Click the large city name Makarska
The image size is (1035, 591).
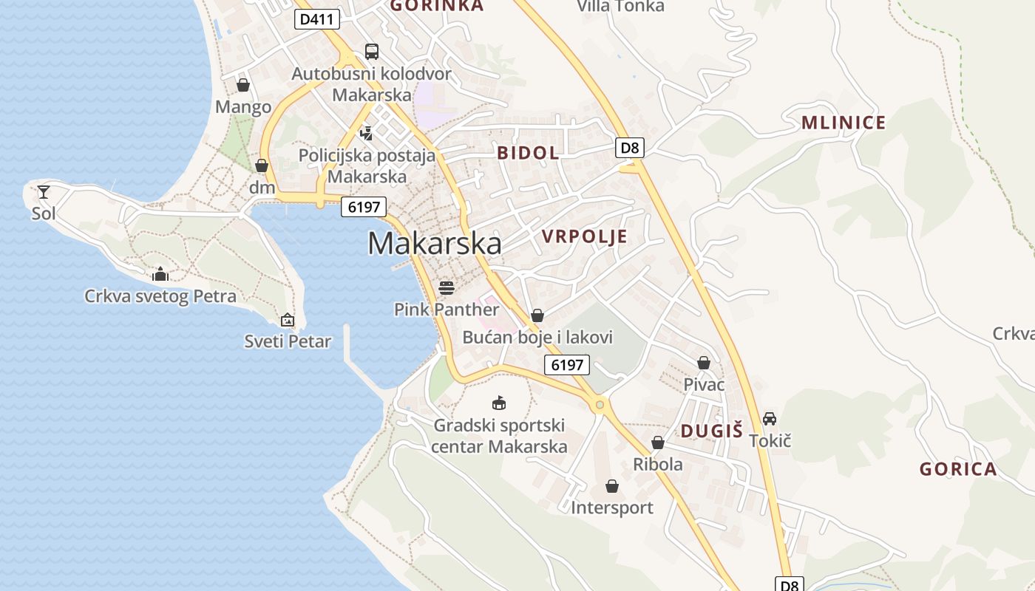pos(434,243)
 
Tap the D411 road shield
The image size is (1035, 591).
pos(317,19)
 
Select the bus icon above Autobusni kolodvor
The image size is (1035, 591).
pos(371,52)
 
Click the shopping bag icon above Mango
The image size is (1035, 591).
pos(243,85)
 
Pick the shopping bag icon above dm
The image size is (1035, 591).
pos(262,165)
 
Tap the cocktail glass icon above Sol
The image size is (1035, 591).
pos(44,192)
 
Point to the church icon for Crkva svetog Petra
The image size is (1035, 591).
pos(160,275)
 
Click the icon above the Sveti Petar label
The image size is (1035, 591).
pos(288,320)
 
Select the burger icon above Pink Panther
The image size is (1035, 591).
pos(447,287)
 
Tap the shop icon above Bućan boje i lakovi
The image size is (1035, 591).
pos(537,315)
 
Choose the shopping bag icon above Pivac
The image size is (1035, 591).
pos(704,363)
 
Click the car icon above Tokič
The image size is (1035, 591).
pos(770,419)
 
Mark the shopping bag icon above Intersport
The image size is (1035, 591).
pos(612,486)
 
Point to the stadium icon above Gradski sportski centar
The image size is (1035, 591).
pos(499,403)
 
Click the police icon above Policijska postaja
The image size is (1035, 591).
pos(366,134)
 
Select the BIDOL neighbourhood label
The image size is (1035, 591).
pos(528,153)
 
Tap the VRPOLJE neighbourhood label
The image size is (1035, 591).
pos(585,236)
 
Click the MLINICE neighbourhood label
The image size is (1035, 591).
pos(844,123)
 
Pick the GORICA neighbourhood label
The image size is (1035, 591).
pos(958,469)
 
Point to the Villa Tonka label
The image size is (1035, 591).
pos(620,7)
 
